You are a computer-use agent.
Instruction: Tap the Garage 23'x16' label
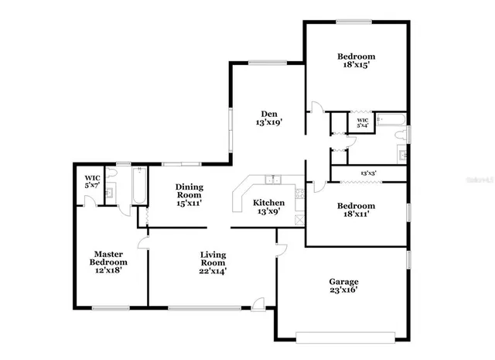point(344,286)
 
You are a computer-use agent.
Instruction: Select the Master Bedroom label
point(110,258)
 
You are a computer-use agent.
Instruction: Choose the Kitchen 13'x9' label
point(269,206)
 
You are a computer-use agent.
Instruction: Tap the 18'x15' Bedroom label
point(357,60)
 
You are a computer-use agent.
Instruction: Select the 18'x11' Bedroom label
point(357,210)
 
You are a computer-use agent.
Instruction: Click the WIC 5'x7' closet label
point(91,181)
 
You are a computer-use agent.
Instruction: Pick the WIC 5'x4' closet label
point(362,122)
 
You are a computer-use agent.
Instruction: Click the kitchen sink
point(271,180)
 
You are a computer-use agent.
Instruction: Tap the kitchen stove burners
point(299,194)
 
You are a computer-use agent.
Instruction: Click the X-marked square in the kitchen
point(299,220)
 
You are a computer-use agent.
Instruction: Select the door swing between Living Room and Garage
point(281,249)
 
